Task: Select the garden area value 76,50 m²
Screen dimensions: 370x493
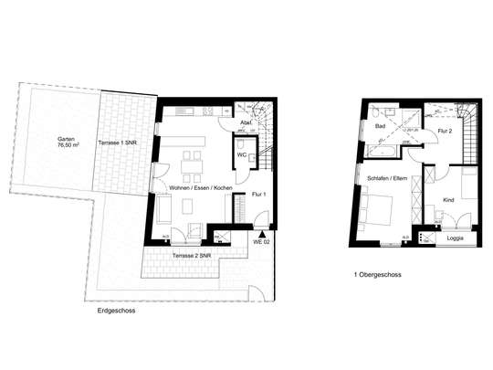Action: [66, 144]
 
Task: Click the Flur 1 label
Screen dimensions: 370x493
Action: [258, 195]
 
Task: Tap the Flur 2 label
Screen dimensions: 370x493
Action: [445, 132]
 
